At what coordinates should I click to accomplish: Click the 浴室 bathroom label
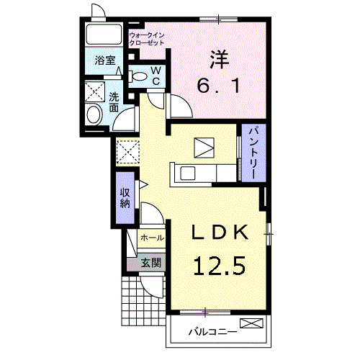[x=105, y=60]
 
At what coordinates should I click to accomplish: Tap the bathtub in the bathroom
[x=104, y=34]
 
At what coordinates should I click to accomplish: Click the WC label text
[x=156, y=76]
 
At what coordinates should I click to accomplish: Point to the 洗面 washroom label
[x=114, y=102]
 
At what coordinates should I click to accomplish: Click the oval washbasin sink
[x=94, y=114]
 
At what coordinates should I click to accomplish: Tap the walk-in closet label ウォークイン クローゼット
[x=147, y=39]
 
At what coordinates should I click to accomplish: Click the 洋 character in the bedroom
[x=219, y=60]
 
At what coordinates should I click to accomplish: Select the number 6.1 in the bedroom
[x=218, y=86]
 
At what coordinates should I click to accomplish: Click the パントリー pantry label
[x=253, y=152]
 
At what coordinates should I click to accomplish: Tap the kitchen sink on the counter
[x=188, y=174]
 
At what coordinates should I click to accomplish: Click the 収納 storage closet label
[x=125, y=198]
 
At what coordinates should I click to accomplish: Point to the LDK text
[x=220, y=232]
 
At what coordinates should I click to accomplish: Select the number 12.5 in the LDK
[x=220, y=266]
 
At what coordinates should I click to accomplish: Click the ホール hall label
[x=152, y=238]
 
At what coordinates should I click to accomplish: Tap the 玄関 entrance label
[x=150, y=263]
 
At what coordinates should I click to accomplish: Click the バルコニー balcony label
[x=212, y=332]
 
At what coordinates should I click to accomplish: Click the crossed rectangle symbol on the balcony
[x=252, y=323]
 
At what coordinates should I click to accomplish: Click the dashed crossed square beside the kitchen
[x=128, y=152]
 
